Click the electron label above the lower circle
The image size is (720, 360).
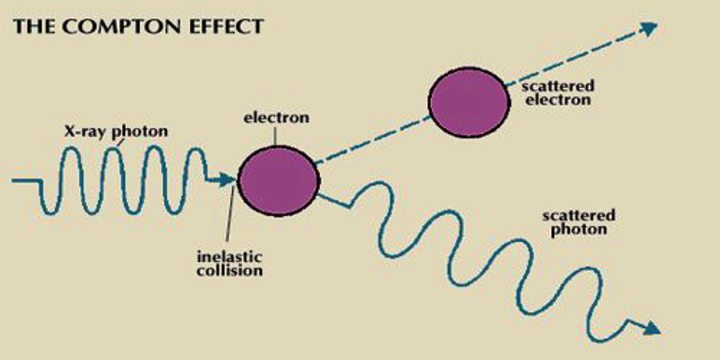276,117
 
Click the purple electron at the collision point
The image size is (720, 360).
278,178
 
